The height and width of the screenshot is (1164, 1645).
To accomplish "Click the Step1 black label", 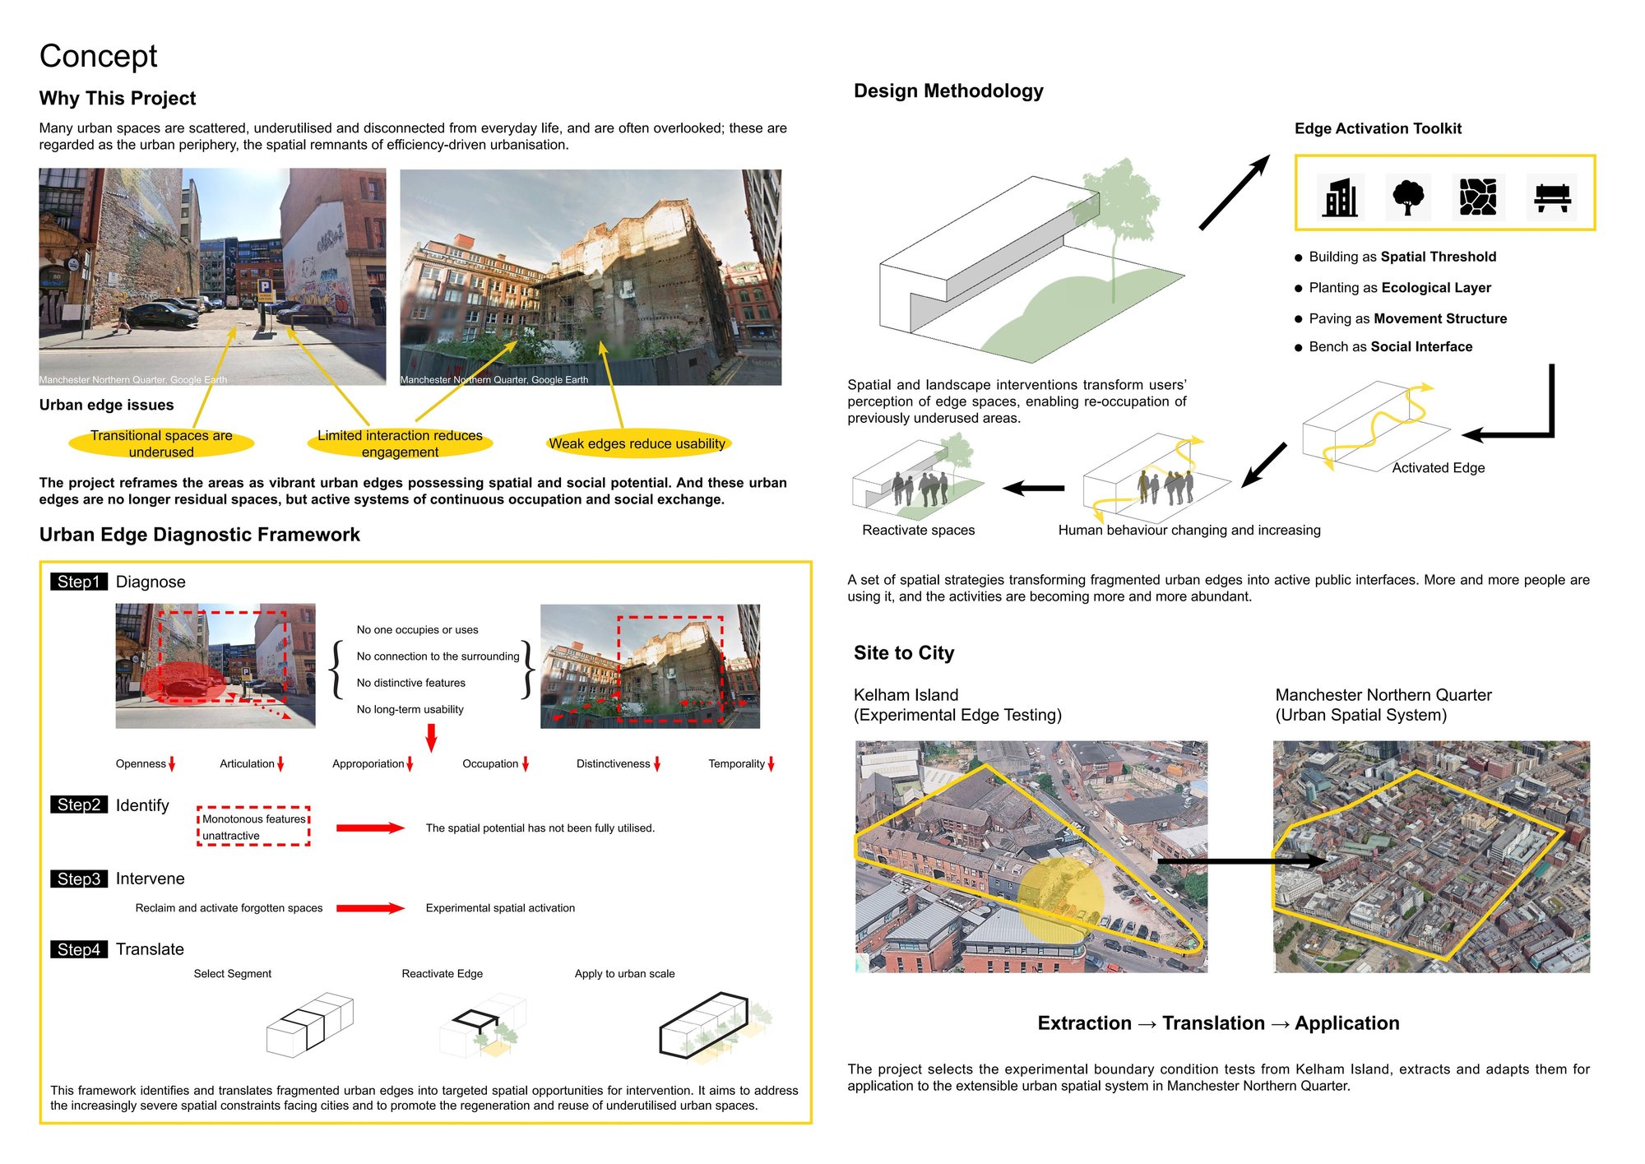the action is click(x=79, y=582).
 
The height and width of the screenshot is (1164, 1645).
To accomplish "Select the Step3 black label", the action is click(x=79, y=879).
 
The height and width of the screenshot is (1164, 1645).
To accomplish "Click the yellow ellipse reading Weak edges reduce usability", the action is click(x=638, y=443).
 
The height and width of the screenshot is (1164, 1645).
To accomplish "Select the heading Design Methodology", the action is click(x=948, y=90).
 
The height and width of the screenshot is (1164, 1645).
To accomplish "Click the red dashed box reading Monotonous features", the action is click(x=253, y=826).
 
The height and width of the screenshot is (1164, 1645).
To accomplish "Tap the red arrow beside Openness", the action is click(x=172, y=764).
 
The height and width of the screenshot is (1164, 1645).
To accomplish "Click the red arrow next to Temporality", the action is click(x=771, y=764).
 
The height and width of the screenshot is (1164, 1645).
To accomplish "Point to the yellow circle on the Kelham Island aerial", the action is click(x=1061, y=900).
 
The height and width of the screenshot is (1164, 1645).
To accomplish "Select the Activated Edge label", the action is click(x=1439, y=468).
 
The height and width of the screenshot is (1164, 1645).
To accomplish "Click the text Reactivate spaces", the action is click(x=918, y=531).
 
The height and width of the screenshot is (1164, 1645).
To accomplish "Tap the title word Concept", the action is click(x=98, y=56).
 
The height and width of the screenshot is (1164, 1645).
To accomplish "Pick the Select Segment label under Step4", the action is click(x=232, y=974).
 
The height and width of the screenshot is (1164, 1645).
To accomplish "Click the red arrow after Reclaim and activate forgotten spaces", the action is click(x=370, y=908).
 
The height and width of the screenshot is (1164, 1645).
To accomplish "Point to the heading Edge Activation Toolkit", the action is click(x=1378, y=128).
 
